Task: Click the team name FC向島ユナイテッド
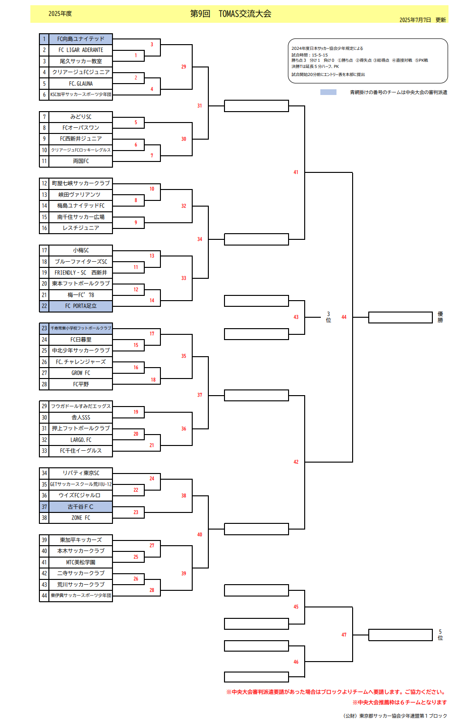(x=81, y=39)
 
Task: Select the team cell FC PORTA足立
(x=81, y=306)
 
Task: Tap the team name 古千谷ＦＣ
(x=81, y=507)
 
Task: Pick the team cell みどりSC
(x=81, y=117)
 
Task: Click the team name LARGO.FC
(x=81, y=440)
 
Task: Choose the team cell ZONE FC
(x=81, y=518)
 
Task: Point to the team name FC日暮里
(x=81, y=340)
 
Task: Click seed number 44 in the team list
(x=44, y=596)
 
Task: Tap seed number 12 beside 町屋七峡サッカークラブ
(x=44, y=183)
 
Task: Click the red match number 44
(x=344, y=317)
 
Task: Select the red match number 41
(x=296, y=172)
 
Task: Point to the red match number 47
(x=344, y=635)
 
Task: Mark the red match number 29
(x=184, y=67)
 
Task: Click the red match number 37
(x=200, y=395)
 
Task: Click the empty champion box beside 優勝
(x=400, y=317)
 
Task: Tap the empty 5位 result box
(x=400, y=635)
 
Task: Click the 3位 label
(x=328, y=317)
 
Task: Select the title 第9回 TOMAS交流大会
(x=231, y=14)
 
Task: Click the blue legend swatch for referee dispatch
(x=328, y=92)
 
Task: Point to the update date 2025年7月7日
(x=415, y=20)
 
